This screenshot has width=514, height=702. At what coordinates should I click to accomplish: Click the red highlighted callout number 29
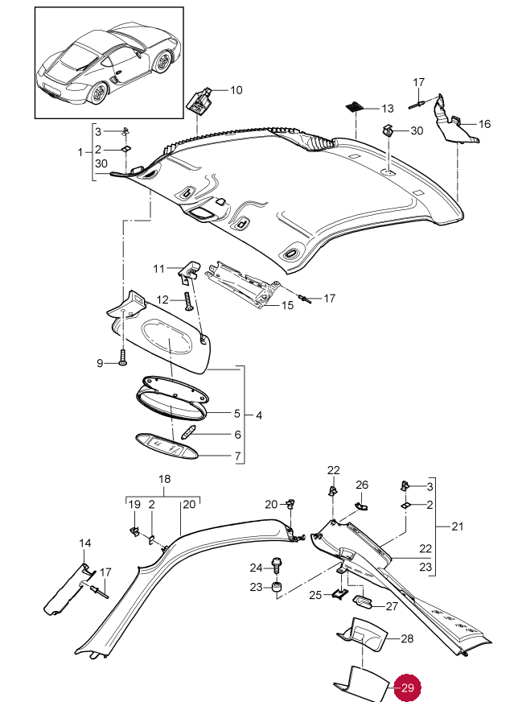click(x=408, y=688)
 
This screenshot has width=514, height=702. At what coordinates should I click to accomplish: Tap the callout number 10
click(x=236, y=90)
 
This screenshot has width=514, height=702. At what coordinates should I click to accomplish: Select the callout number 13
click(x=388, y=108)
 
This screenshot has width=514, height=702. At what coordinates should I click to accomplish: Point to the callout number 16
click(x=484, y=124)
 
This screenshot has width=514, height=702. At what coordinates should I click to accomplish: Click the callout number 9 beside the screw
click(x=101, y=364)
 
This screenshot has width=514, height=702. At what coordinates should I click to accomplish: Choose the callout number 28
click(x=407, y=638)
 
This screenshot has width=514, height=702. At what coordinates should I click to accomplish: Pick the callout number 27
click(x=392, y=606)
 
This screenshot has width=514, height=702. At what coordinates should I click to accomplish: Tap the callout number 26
click(x=362, y=485)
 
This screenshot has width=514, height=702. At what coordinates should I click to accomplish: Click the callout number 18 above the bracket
click(x=164, y=479)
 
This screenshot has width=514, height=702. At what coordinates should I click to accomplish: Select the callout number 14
click(x=85, y=543)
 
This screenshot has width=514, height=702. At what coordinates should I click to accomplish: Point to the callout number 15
click(x=287, y=306)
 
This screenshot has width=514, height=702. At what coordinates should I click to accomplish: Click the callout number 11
click(x=158, y=267)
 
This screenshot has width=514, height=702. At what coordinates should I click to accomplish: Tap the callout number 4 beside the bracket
click(x=258, y=415)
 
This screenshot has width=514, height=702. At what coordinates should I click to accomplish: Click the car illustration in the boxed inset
click(x=109, y=64)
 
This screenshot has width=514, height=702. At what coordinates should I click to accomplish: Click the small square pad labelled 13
click(x=355, y=106)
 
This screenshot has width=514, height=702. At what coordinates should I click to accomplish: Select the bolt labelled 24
click(x=278, y=566)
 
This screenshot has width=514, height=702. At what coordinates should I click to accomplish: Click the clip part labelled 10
click(x=198, y=102)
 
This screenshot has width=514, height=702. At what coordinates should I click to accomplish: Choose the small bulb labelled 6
click(x=191, y=432)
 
